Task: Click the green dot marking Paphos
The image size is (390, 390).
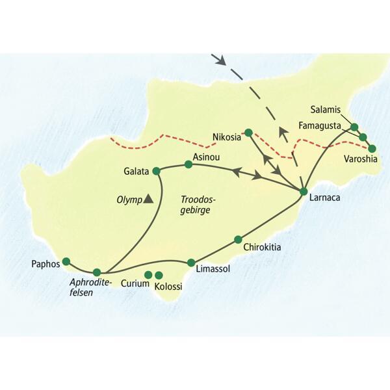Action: tap(66, 261)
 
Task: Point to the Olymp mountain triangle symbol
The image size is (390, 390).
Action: tap(149, 199)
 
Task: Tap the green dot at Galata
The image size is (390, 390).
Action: tap(155, 171)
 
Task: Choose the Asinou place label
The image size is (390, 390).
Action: tap(201, 157)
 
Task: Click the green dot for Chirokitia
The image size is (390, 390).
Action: tap(238, 239)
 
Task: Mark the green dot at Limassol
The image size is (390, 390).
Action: tap(190, 263)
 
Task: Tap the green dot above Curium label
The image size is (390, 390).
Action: tap(148, 274)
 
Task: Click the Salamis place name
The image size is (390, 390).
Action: tap(326, 110)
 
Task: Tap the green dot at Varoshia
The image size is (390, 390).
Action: tap(372, 148)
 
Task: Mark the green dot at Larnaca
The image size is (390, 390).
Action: tap(303, 191)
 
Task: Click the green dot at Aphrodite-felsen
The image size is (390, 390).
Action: tap(97, 272)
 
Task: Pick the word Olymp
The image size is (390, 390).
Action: tap(128, 200)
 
